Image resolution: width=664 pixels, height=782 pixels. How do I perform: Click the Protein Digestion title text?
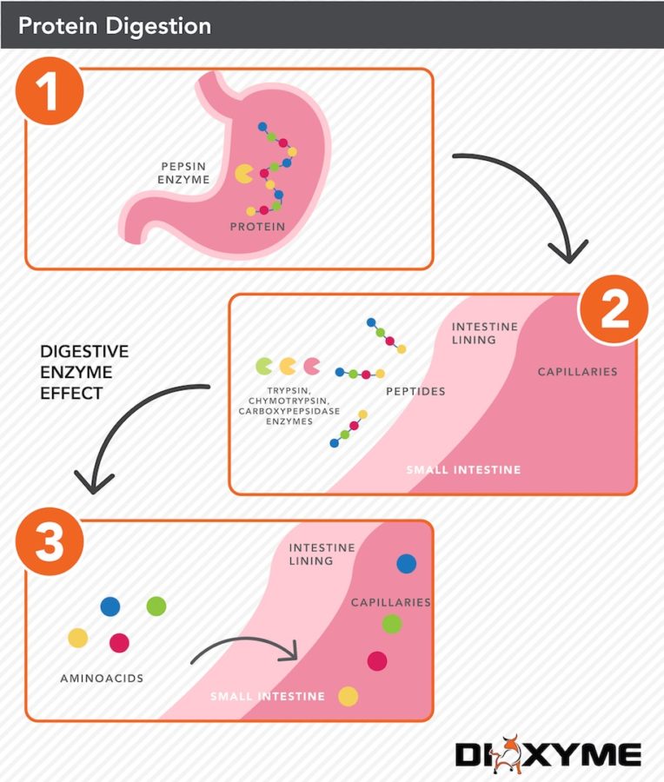coord(114,25)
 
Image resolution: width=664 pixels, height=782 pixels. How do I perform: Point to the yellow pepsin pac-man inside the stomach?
coord(245,175)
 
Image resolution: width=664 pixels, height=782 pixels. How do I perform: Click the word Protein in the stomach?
coord(258,227)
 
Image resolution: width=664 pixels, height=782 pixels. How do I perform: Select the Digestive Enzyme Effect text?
coord(83,372)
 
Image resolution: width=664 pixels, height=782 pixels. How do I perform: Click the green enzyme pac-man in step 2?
coord(263,366)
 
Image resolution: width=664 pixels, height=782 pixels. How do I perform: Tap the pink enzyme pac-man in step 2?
coord(310,366)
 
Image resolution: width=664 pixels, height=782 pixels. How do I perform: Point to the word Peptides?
coord(415,392)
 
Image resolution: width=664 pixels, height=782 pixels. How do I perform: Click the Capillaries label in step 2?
coord(577,372)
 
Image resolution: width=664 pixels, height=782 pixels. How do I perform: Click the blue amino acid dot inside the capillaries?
coord(406,564)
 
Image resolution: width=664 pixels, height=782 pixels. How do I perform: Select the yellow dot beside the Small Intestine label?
coord(348,696)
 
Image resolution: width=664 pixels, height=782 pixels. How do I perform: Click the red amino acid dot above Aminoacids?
coord(119,643)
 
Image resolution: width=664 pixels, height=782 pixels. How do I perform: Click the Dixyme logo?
coord(548,753)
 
